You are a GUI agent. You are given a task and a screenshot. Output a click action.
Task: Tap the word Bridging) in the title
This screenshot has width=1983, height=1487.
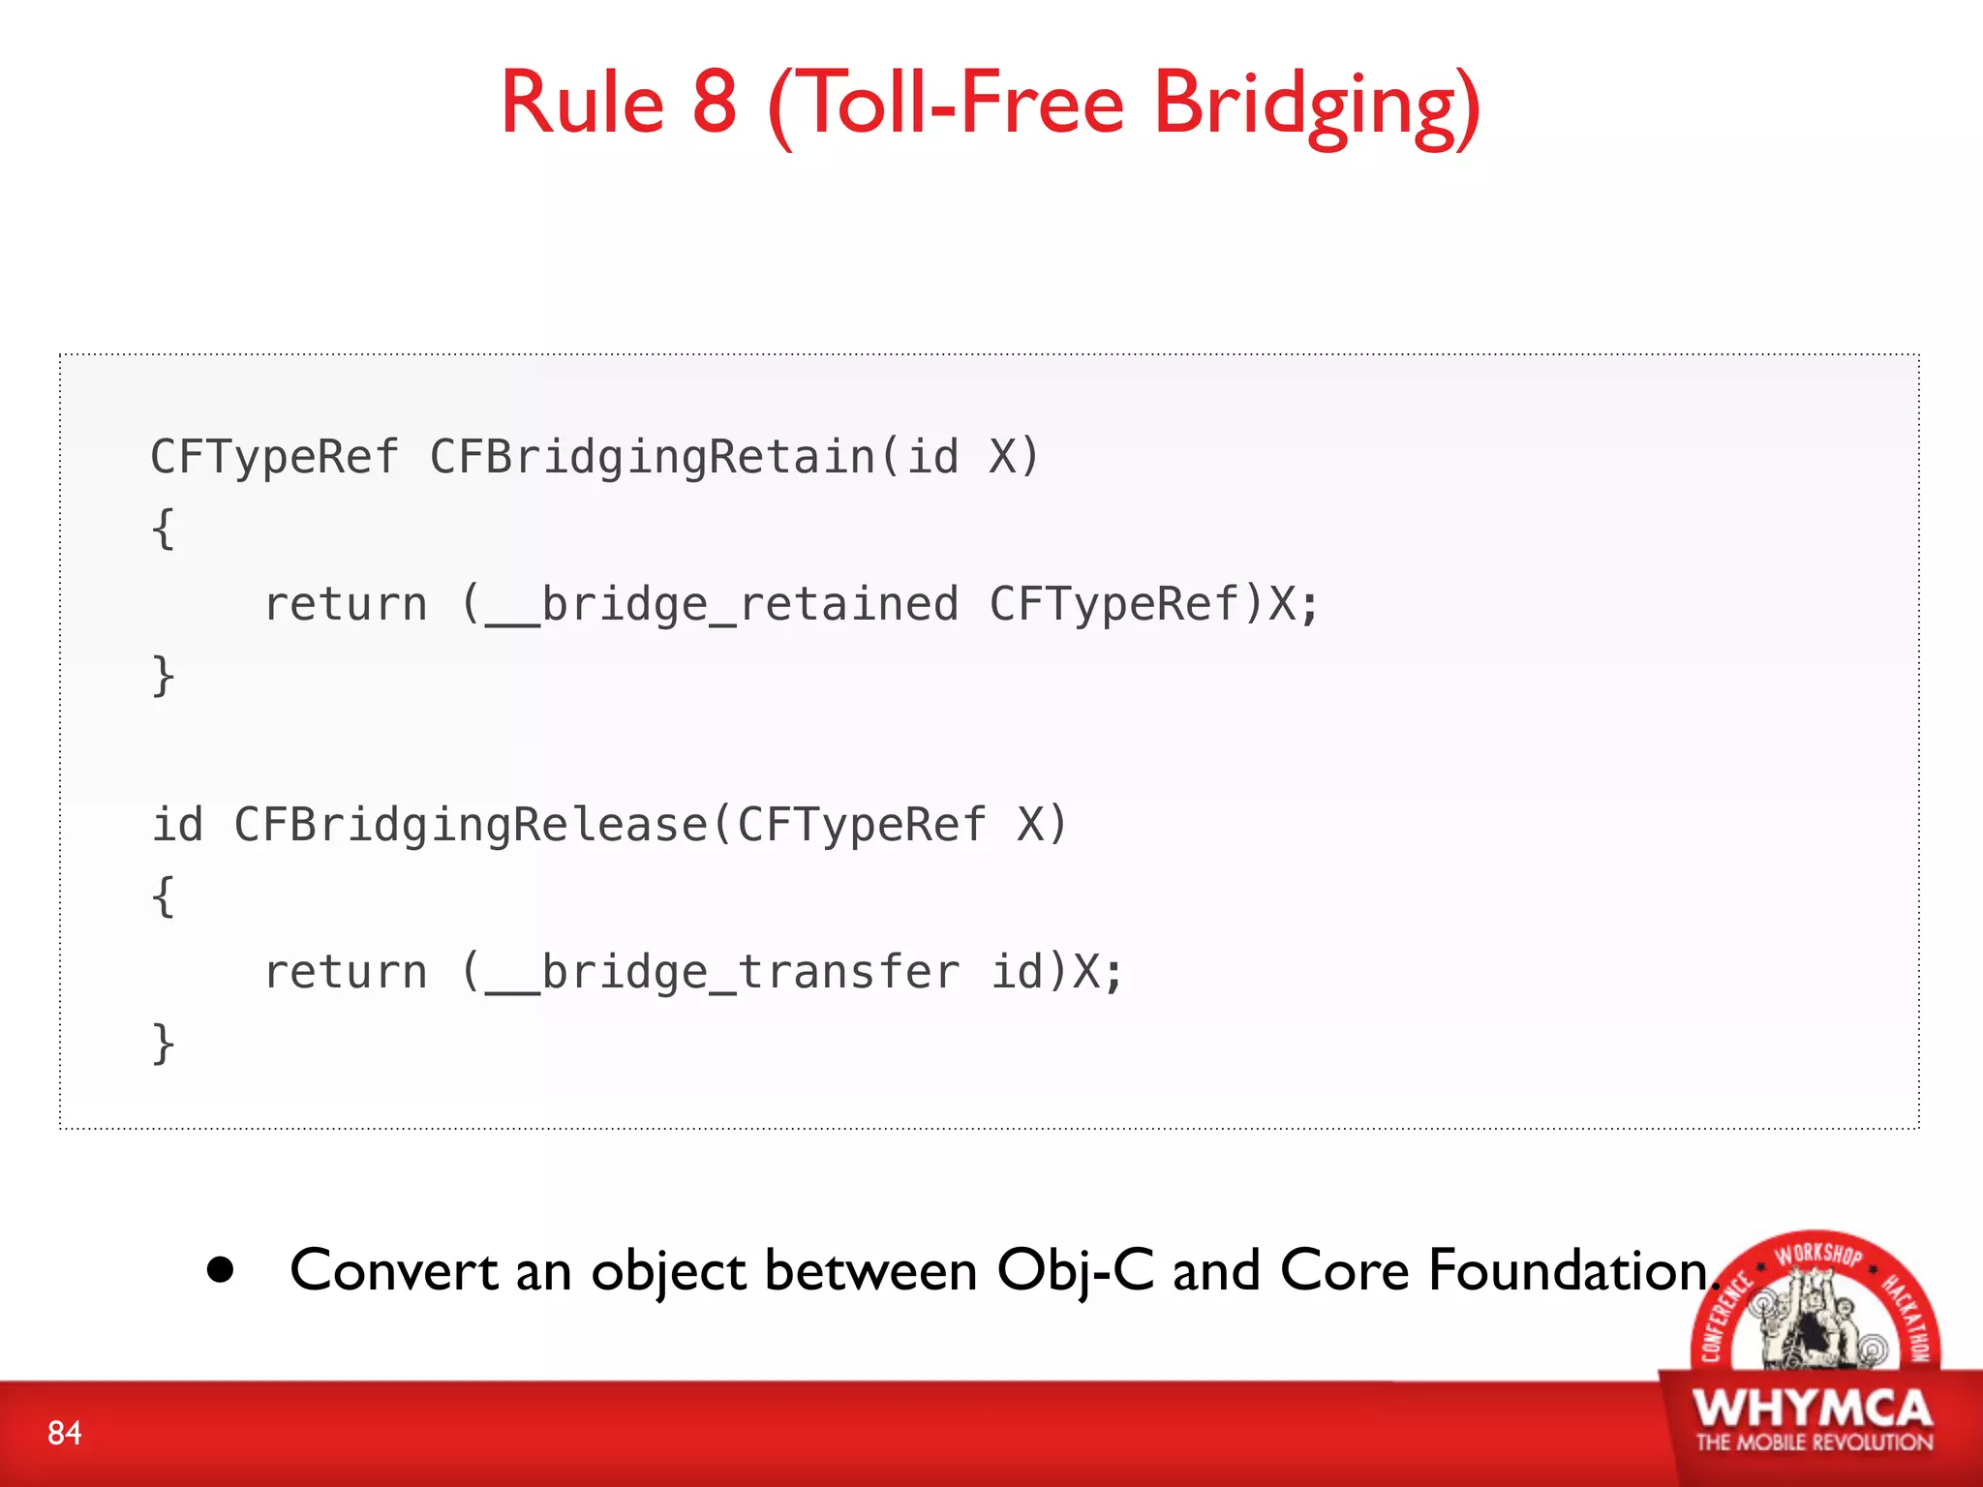(1317, 106)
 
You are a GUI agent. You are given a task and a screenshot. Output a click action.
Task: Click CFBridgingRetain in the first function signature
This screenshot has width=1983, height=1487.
(653, 457)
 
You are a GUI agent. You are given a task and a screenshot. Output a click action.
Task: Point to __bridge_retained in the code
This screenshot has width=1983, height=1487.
(722, 605)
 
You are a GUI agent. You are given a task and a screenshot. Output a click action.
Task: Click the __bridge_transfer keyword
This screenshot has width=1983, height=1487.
(722, 973)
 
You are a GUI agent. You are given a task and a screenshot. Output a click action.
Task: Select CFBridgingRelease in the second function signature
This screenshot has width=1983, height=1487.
(472, 826)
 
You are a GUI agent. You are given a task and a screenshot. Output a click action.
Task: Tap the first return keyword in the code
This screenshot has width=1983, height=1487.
(346, 605)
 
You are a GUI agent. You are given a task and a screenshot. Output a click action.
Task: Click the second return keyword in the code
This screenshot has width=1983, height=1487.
(346, 973)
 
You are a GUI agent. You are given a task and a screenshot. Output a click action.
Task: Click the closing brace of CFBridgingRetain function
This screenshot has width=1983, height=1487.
(164, 676)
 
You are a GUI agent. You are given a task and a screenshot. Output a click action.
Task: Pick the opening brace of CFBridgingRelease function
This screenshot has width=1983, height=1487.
(164, 897)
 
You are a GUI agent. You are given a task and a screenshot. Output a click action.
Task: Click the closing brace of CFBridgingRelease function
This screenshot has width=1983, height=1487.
(164, 1045)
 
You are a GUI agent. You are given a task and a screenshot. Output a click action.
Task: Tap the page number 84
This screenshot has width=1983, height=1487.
(65, 1433)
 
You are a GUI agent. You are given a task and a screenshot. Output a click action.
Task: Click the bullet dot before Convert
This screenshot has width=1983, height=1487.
(221, 1270)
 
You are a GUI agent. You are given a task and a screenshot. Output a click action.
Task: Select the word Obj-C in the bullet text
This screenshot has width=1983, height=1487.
(1076, 1270)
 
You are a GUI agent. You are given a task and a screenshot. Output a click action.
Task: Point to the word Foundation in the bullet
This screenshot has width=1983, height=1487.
(1569, 1270)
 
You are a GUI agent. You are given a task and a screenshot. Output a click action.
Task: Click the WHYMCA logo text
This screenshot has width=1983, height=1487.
(1813, 1408)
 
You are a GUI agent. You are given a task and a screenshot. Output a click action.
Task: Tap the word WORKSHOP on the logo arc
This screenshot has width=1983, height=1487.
(1817, 1254)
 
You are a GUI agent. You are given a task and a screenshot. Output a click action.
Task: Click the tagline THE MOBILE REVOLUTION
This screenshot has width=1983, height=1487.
(1814, 1442)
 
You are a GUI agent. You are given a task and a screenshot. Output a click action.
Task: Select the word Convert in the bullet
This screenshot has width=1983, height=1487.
(394, 1270)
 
